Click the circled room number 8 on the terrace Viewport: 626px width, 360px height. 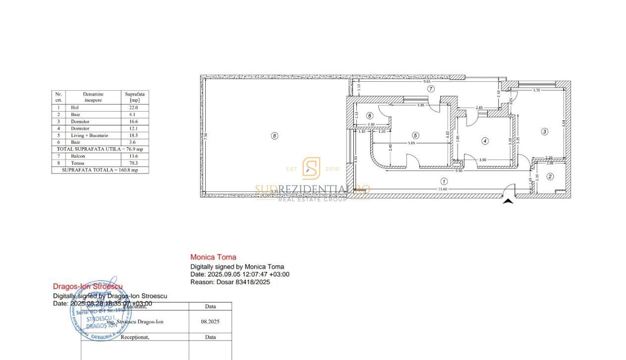[275, 135]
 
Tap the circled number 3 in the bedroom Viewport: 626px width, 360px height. [545, 131]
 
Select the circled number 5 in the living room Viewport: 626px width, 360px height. [415, 135]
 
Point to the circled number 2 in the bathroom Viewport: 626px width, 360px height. [550, 176]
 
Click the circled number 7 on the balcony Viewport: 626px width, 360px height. [431, 89]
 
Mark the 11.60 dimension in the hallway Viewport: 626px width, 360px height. [443, 189]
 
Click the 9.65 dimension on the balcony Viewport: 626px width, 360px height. [428, 82]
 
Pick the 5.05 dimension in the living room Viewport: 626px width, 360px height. [411, 143]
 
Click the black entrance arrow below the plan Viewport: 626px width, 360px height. [508, 201]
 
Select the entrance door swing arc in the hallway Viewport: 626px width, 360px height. [509, 189]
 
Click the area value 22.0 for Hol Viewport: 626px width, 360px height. [134, 107]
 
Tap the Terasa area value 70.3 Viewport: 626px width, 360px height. [134, 163]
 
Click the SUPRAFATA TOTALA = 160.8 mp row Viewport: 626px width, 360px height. [100, 170]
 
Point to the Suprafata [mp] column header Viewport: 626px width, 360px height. [134, 96]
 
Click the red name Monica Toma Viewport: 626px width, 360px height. [213, 257]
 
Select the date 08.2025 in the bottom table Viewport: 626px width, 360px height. [210, 321]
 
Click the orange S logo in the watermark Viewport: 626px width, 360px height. [312, 168]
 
